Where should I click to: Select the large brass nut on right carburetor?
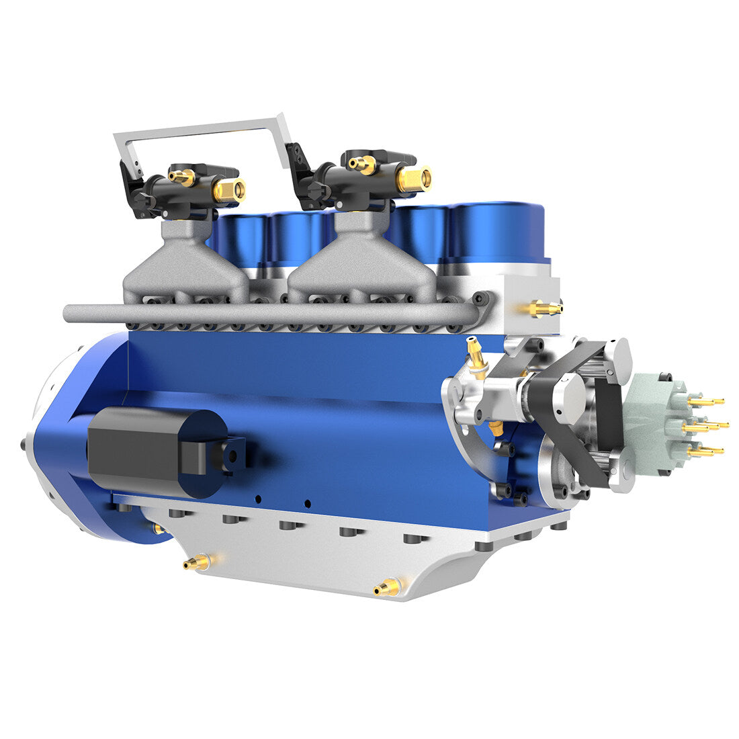[413, 178]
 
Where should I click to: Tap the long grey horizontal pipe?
[269, 313]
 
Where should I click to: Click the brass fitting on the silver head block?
[544, 308]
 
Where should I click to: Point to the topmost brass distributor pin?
[705, 402]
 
